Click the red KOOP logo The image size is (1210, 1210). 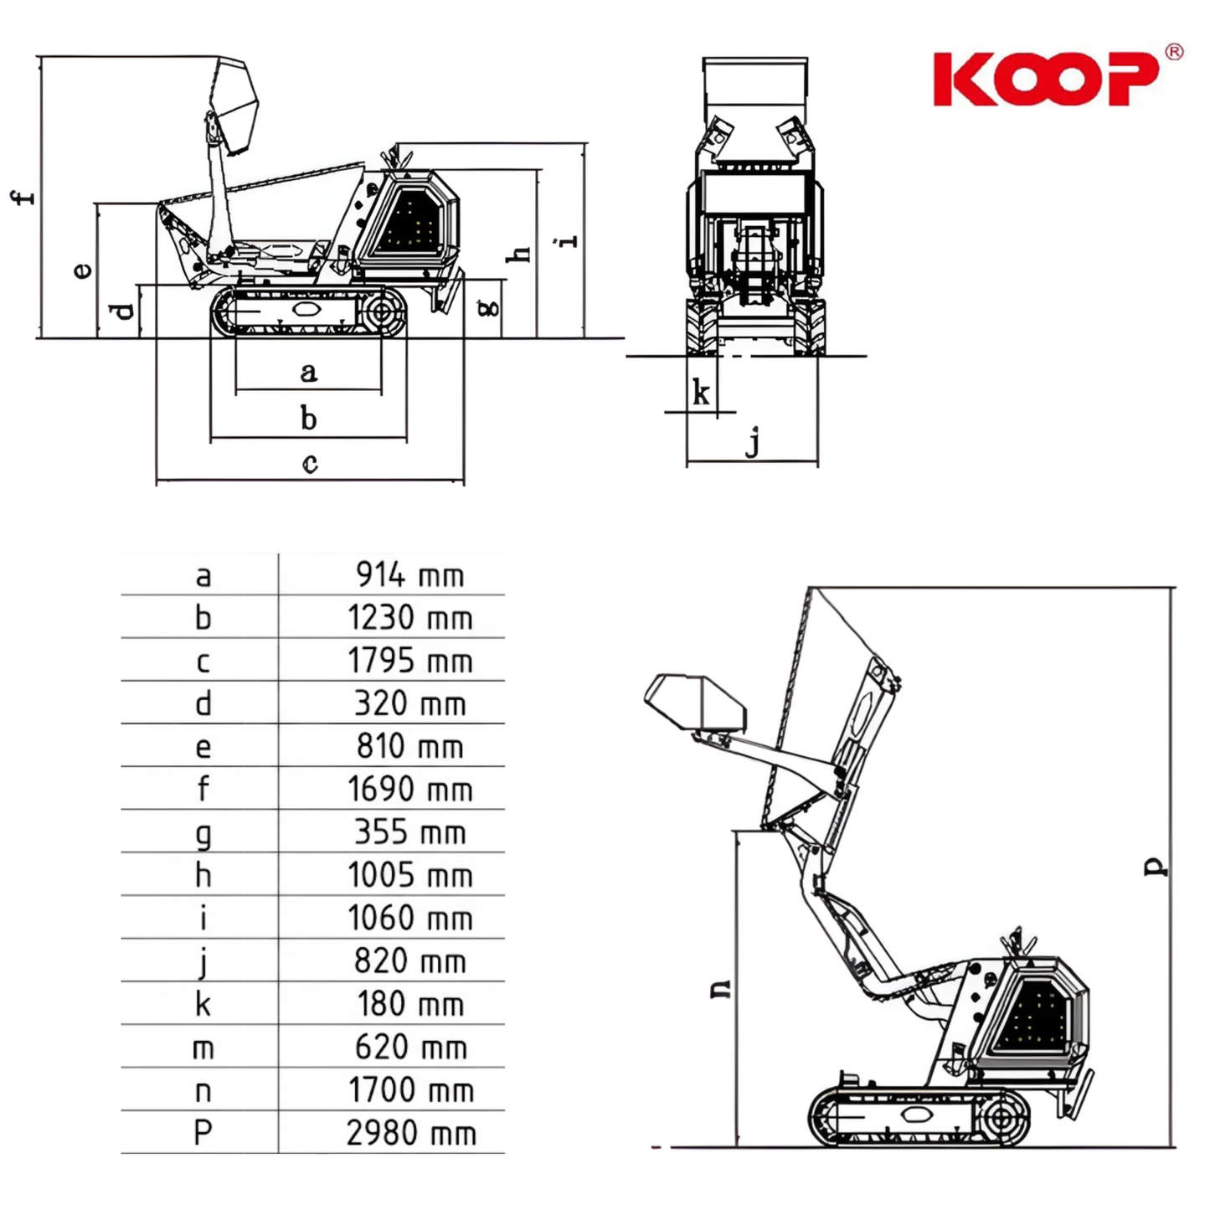point(1046,79)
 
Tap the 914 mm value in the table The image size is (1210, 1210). point(410,574)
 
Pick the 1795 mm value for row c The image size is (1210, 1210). point(410,661)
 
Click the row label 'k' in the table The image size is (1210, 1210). point(203,1003)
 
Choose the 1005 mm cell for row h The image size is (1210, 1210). point(410,875)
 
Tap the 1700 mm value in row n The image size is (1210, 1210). point(411,1090)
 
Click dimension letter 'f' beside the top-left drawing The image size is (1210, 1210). point(23,197)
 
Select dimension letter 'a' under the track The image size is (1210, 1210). point(308,373)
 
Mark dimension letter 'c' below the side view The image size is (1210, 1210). point(310,463)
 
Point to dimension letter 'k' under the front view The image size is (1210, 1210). point(701,394)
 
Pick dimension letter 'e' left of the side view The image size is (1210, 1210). point(82,270)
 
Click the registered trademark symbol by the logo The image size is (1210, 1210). point(1174,52)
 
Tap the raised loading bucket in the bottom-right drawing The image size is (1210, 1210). point(696,704)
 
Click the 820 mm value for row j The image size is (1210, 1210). point(410,960)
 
